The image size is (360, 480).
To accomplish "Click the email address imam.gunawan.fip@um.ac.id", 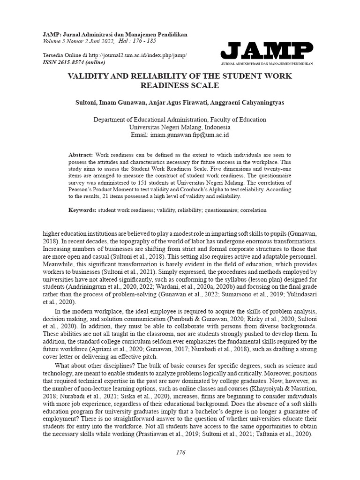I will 189,135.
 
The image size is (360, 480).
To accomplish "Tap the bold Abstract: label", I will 81,154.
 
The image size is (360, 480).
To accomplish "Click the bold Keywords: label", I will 82,210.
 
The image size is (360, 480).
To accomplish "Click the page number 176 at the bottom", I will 180,452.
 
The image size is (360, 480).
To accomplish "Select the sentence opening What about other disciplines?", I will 96,365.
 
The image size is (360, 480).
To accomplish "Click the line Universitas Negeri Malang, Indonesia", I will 180,127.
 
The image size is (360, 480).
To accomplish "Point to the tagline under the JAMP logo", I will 266,63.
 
